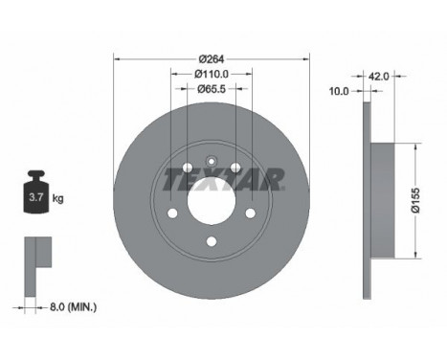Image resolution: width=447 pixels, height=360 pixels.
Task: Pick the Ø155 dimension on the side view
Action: pyautogui.click(x=427, y=200)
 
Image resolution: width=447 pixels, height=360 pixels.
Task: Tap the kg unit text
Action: pyautogui.click(x=58, y=199)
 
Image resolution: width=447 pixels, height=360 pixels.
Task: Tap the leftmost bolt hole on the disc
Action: pyautogui.click(x=172, y=214)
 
